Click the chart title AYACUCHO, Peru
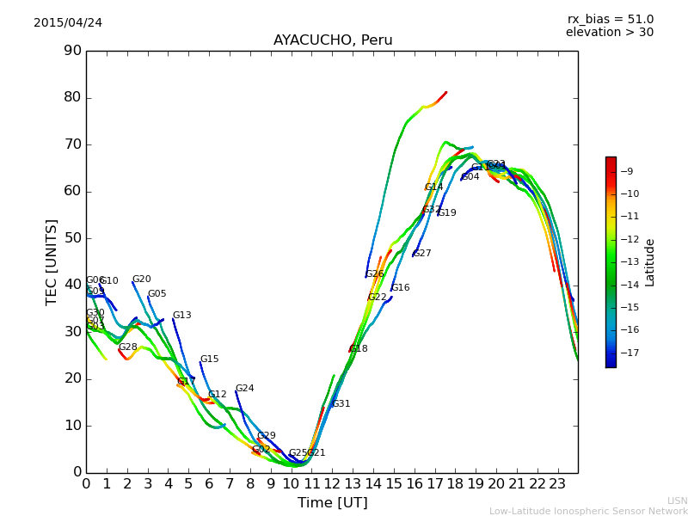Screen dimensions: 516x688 [332, 40]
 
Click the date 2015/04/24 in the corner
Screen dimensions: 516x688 [68, 23]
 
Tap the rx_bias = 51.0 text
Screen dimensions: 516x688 [610, 20]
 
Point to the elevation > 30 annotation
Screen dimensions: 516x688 [609, 33]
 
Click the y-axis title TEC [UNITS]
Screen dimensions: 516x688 [52, 261]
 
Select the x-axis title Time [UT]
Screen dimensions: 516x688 [332, 503]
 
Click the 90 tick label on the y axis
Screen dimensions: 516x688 [72, 51]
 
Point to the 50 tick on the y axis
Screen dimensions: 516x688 [72, 238]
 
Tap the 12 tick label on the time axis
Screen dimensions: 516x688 [332, 484]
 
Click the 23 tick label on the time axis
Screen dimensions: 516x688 [557, 484]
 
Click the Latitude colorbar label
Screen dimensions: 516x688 [650, 261]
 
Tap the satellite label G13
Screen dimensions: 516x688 [181, 316]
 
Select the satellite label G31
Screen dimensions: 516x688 [341, 404]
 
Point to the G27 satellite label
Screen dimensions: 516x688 [421, 254]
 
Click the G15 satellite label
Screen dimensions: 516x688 [209, 359]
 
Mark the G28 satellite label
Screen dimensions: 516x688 [127, 347]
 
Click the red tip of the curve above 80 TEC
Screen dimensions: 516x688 [445, 93]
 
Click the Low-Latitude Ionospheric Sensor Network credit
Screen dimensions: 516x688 [588, 512]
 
